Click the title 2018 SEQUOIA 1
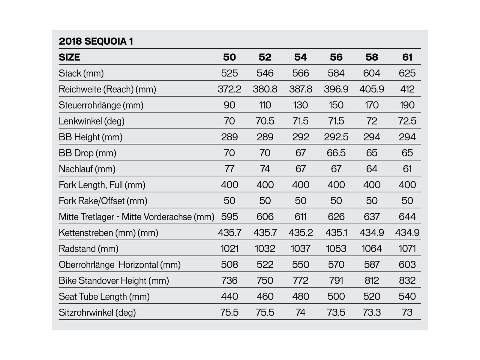96,41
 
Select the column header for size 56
336,57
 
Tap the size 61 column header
407,57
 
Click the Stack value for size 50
229,73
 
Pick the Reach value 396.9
336,89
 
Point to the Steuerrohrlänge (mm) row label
101,105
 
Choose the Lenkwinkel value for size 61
407,121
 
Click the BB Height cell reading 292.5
336,137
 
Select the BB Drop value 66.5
336,153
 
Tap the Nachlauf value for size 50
229,169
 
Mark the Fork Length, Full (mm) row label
102,185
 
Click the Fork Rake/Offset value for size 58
372,201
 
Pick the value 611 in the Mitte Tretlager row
300,217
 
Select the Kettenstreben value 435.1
336,233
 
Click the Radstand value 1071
407,249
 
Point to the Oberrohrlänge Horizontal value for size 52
265,265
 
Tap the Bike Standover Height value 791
336,280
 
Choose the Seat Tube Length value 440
229,296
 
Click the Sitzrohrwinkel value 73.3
372,313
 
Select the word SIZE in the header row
69,57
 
